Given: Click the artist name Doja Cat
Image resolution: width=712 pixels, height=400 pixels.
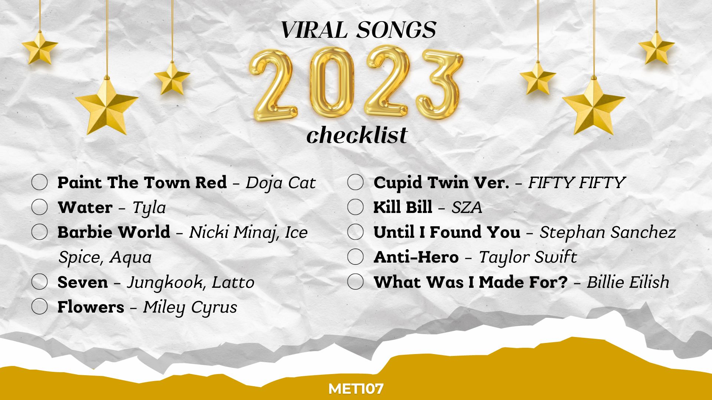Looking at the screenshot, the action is point(281,183).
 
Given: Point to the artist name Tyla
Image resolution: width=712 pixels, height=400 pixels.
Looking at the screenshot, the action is point(149,208).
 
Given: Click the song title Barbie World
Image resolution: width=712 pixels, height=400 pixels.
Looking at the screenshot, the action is point(114,232).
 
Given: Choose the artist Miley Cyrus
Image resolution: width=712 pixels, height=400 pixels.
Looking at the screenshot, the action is point(190,307).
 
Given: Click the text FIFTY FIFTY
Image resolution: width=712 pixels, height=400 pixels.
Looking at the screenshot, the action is point(577,183).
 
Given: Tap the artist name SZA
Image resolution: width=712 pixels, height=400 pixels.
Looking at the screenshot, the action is point(467,207).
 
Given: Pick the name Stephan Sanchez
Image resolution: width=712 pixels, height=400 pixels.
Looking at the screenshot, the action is point(608,233).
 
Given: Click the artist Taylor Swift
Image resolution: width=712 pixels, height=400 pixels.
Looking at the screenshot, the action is point(528,257).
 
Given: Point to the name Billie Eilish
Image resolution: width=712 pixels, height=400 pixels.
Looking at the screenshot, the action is point(628,282).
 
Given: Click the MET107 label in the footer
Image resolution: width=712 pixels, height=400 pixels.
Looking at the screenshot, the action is point(356,389).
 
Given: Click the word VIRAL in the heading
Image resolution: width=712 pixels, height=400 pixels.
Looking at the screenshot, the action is point(314,30).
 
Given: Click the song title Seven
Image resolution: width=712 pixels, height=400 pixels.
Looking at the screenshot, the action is point(83,282).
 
